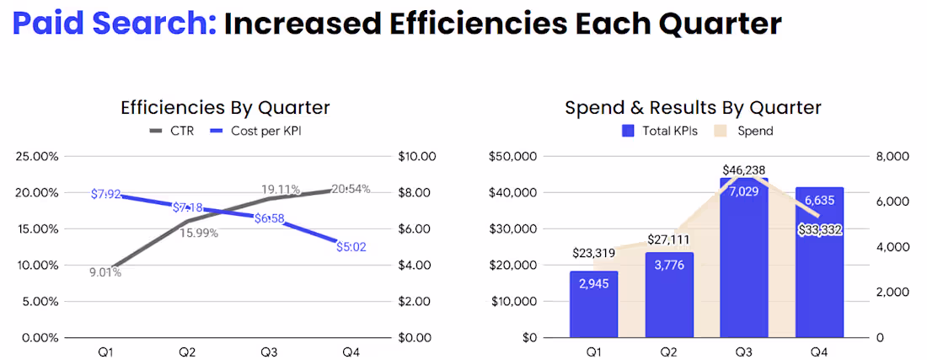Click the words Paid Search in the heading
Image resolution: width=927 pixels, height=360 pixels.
pos(113,24)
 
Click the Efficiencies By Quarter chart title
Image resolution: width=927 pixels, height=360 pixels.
pos(225,107)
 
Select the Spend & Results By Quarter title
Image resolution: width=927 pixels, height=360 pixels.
pos(693,107)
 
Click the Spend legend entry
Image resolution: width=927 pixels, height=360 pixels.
pos(745,131)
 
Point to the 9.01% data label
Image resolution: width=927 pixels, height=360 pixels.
pos(105,272)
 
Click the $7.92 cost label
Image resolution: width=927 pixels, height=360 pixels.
pos(108,195)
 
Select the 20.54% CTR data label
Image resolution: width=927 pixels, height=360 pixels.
pos(351,189)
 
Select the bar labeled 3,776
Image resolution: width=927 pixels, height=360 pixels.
pos(670,295)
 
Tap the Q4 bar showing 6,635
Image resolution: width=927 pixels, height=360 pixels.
pos(819,262)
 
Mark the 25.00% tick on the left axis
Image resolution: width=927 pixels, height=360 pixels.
pos(35,156)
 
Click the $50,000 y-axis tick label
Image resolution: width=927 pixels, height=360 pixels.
pos(513,156)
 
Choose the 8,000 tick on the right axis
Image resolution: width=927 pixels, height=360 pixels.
pos(882,156)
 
